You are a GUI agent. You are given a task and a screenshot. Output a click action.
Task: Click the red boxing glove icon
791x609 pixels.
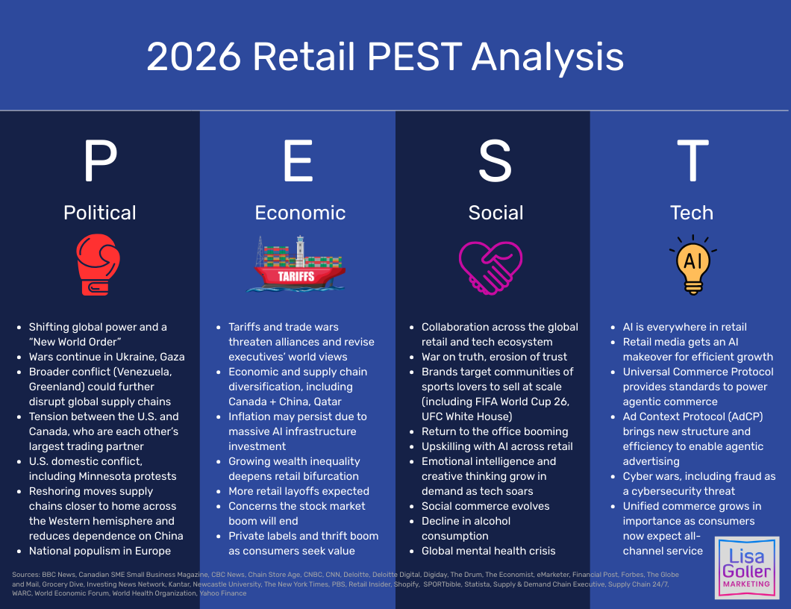tap(99, 265)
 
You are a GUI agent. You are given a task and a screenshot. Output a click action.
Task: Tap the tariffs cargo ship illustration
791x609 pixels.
tap(299, 265)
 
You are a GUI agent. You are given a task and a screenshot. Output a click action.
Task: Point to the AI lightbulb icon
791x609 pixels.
tap(692, 265)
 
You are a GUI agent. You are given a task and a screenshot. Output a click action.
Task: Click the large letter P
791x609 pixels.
tap(100, 161)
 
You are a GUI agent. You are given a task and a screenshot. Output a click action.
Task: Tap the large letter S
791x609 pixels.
tap(495, 161)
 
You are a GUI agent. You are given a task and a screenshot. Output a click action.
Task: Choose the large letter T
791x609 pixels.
tap(692, 161)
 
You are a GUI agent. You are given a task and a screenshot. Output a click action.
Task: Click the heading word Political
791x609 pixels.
tap(100, 213)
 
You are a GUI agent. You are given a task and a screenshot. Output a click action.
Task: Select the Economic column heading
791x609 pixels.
tap(300, 213)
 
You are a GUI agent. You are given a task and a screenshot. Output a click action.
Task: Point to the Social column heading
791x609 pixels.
tap(495, 213)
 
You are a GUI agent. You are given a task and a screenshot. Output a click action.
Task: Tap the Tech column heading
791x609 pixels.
tap(692, 213)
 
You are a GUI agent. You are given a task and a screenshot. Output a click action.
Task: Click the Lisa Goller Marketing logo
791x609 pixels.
tap(746, 567)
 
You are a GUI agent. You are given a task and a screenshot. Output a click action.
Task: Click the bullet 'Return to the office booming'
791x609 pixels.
tap(495, 431)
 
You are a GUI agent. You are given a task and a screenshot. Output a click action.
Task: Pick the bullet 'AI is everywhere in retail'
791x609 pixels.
tap(684, 327)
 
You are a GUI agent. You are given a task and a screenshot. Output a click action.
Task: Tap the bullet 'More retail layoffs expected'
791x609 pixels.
tap(298, 491)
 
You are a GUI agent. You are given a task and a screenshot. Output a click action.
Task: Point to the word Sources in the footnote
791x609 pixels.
tap(25, 575)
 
